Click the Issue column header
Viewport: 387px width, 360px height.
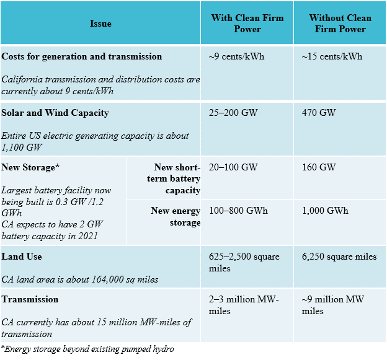click(x=100, y=24)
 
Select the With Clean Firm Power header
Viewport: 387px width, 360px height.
click(x=247, y=23)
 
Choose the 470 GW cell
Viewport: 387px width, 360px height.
click(x=318, y=113)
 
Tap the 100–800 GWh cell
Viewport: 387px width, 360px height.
click(x=239, y=211)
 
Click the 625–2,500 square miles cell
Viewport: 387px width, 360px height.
click(x=244, y=262)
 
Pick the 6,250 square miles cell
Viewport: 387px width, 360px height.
click(x=339, y=257)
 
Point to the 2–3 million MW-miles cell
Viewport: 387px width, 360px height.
click(x=244, y=305)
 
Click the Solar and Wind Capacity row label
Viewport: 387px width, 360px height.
click(x=55, y=113)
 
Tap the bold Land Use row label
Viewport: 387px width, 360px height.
click(x=22, y=257)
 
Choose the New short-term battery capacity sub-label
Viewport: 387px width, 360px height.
click(x=177, y=178)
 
